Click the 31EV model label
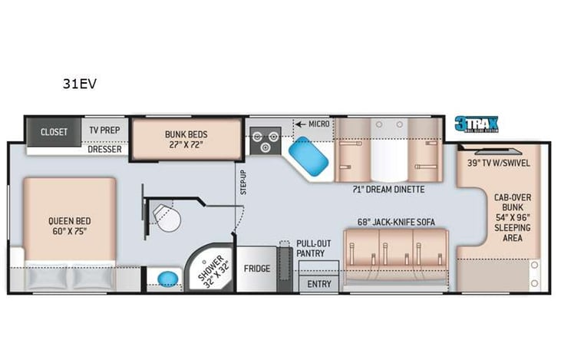tap(79, 84)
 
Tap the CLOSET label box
tap(54, 131)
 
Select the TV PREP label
tap(104, 130)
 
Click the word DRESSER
tap(105, 150)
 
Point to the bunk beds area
tap(186, 139)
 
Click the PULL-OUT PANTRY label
tap(310, 248)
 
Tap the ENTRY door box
tap(318, 283)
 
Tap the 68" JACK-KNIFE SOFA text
tap(395, 223)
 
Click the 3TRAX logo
tap(476, 124)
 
